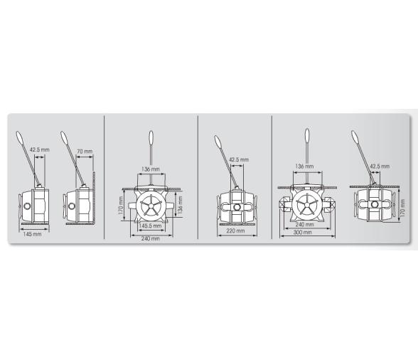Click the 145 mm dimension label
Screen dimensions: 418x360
point(32,234)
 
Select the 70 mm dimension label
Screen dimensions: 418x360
point(85,152)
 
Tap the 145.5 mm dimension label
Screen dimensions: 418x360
point(151,226)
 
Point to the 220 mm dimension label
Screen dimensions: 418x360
point(235,231)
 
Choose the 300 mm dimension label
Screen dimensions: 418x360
point(302,232)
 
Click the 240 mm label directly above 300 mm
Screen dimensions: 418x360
point(304,225)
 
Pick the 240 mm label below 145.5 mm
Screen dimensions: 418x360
point(151,238)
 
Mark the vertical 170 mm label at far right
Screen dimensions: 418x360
point(402,208)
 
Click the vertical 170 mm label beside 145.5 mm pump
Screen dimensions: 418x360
point(121,206)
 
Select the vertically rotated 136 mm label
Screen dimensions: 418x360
point(181,205)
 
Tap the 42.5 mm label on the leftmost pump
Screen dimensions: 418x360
point(40,149)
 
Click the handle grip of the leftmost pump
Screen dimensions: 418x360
point(20,139)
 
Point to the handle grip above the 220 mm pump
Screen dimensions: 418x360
point(218,142)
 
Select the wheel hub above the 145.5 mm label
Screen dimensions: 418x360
point(151,206)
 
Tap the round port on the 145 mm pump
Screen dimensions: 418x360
point(27,206)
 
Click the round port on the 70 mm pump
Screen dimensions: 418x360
point(71,206)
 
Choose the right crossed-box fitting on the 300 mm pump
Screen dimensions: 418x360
point(331,204)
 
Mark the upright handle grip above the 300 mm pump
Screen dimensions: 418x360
point(307,136)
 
